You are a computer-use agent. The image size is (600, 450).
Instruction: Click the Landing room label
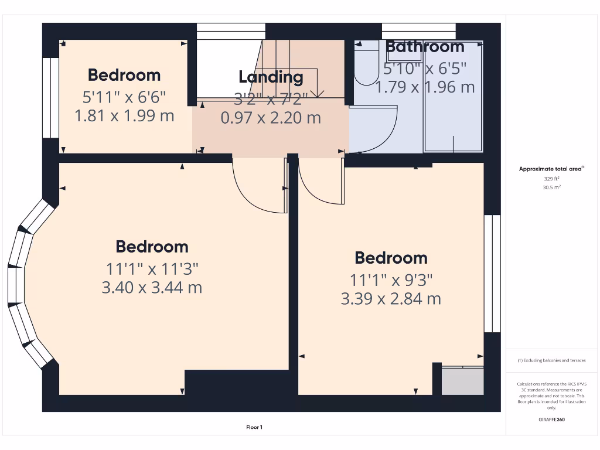click(x=271, y=77)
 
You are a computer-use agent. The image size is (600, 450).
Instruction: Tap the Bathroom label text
click(x=425, y=47)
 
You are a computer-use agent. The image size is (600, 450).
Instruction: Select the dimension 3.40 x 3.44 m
click(x=152, y=288)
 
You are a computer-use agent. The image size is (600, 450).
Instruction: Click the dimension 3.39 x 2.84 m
click(x=391, y=299)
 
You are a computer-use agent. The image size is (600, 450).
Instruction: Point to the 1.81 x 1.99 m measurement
click(x=124, y=115)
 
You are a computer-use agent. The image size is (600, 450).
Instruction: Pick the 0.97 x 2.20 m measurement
click(x=271, y=118)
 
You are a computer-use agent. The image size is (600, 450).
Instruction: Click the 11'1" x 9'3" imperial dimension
click(x=391, y=279)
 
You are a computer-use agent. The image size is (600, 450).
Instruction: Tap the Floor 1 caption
click(x=254, y=428)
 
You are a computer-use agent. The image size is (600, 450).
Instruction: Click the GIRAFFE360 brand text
click(x=551, y=420)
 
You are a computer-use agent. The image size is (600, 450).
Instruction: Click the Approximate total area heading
click(x=550, y=169)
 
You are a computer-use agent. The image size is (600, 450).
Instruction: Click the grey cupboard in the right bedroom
click(x=462, y=381)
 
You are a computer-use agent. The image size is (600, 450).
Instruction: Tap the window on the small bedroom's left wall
click(x=50, y=97)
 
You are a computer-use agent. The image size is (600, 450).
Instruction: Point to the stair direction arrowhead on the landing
click(x=318, y=93)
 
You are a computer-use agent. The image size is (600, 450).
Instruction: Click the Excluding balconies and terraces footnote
click(x=551, y=360)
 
